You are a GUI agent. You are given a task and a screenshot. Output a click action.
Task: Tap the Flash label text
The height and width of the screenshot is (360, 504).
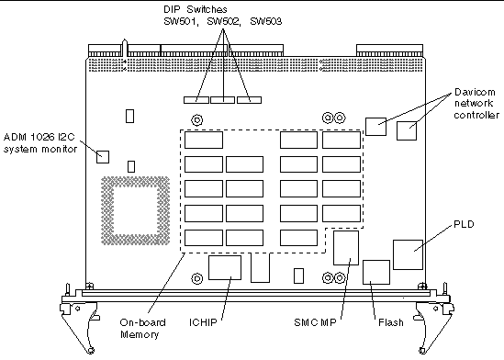click(390, 323)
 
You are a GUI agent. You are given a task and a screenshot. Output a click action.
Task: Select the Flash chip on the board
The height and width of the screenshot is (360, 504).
click(376, 272)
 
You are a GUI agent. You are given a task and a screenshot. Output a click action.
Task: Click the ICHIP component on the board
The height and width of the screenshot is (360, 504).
click(225, 268)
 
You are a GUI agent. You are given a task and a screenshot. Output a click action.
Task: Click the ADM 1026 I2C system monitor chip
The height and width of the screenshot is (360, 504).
click(103, 155)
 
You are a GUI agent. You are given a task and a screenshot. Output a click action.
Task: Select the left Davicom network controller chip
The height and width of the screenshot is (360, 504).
click(375, 126)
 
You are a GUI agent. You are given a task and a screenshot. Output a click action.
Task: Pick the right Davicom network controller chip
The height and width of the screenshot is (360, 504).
click(408, 131)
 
